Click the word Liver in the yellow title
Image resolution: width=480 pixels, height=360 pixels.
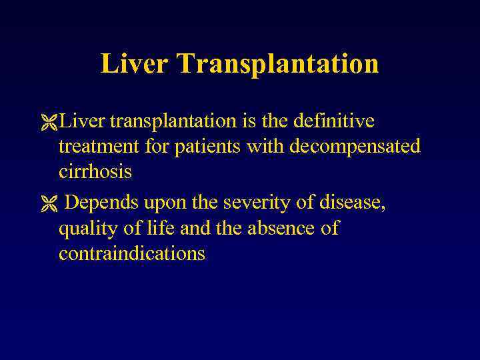(134, 64)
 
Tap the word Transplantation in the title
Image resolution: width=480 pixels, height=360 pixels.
(279, 65)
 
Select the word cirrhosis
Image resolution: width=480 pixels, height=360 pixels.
(95, 171)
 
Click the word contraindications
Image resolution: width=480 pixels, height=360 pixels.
(131, 253)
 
